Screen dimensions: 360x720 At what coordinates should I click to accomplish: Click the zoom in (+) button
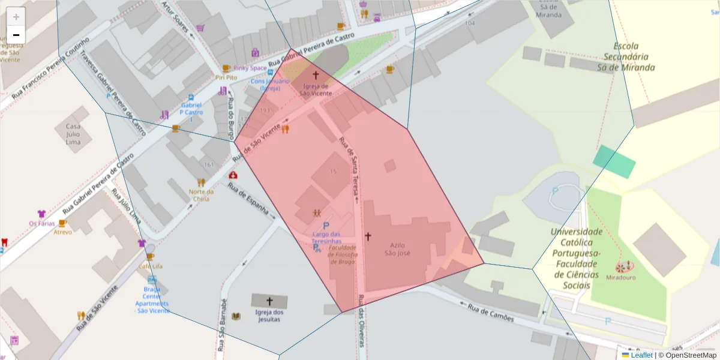pos(16,17)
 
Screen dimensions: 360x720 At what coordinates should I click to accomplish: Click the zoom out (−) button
pos(16,35)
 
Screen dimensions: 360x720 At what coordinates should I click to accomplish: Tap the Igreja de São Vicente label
pos(315,89)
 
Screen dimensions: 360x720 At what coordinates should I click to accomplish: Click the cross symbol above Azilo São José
pos(368,236)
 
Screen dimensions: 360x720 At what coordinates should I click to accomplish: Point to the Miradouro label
pos(620,277)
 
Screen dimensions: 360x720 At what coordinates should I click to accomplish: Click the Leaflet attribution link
pos(641,355)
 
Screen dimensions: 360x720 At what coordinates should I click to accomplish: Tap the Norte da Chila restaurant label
pos(200,195)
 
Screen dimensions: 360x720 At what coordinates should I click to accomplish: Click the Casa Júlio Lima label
pos(73,134)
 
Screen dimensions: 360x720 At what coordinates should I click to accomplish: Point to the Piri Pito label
pos(226,77)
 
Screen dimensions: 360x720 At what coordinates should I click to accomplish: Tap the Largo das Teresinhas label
pos(326,238)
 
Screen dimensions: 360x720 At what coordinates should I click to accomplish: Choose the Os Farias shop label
pos(41,224)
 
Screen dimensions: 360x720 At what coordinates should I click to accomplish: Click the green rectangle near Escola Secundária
pos(614,161)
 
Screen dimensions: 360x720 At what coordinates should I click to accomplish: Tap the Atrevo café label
pos(63,232)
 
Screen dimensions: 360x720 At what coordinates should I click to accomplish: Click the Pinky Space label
pos(250,68)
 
